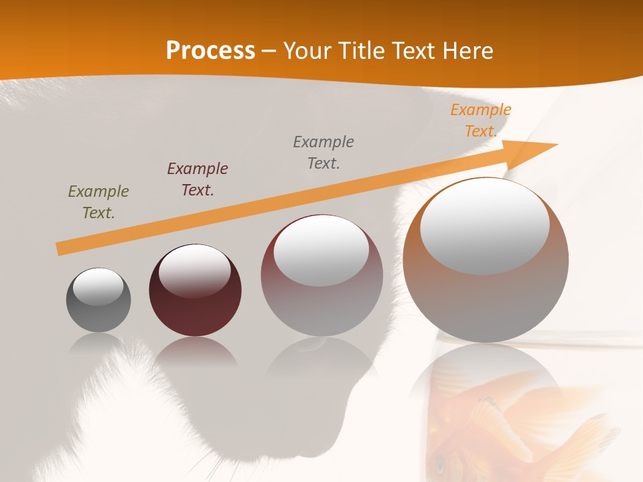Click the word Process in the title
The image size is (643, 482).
pos(210,51)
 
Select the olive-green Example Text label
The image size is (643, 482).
pos(98,202)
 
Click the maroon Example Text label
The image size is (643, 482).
pos(198,179)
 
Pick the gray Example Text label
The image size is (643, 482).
pos(324,152)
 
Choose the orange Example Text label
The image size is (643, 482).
pos(481,120)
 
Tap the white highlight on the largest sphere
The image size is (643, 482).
pos(484,226)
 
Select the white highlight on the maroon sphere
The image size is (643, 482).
pos(194,271)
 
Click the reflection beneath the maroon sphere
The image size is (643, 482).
pos(195,351)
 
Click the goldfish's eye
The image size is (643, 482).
pos(440,462)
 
